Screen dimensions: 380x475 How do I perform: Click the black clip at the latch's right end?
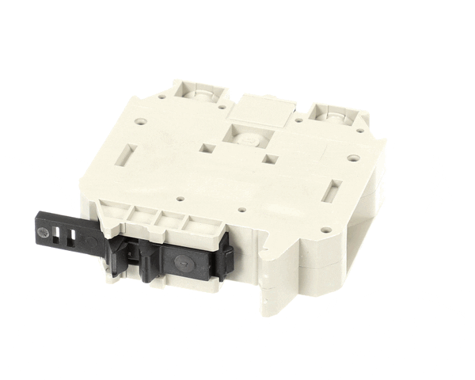pyautogui.click(x=226, y=255)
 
